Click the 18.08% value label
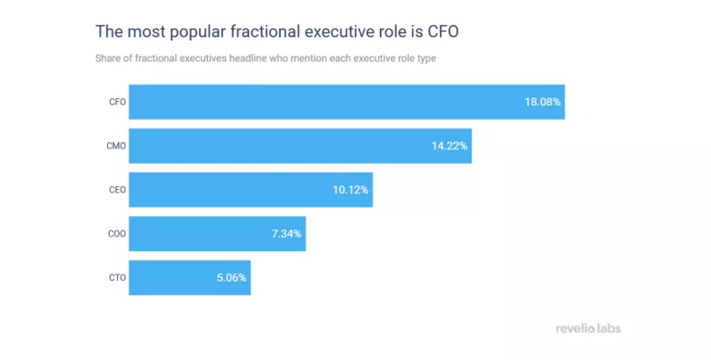[543, 102]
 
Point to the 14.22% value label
[449, 146]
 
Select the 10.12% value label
[350, 190]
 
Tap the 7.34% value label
[286, 234]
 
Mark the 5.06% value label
[231, 278]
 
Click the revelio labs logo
[589, 328]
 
